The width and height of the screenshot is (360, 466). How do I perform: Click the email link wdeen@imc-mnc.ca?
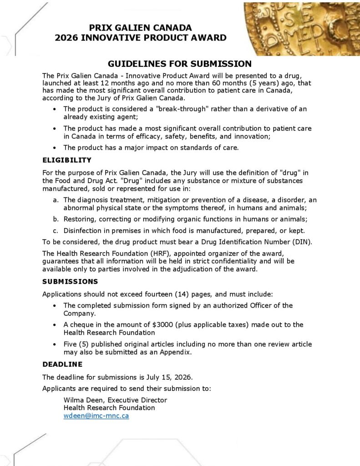click(x=96, y=415)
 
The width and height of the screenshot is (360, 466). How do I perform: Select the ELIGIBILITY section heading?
click(x=67, y=160)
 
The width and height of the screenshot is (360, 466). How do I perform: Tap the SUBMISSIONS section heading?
click(x=70, y=282)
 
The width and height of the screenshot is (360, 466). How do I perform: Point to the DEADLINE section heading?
click(x=62, y=365)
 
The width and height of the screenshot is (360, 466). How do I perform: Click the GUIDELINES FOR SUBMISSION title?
click(x=180, y=64)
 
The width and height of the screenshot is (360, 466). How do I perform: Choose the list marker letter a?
click(x=55, y=200)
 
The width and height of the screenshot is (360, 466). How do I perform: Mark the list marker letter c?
click(x=55, y=230)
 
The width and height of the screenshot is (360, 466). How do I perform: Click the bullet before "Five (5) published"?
click(x=55, y=344)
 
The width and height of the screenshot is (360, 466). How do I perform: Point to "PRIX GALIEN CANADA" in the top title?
click(x=141, y=28)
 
